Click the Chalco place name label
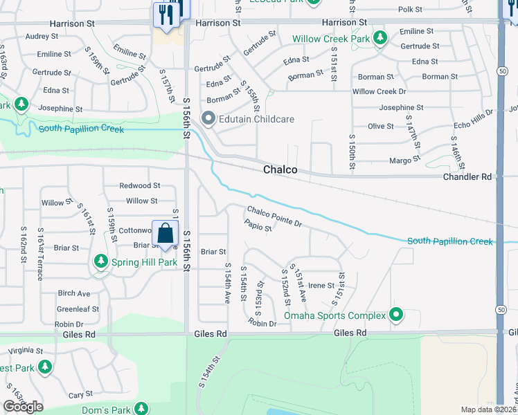[x=280, y=169]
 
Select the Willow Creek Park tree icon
[x=379, y=39]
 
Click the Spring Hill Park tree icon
[x=101, y=262]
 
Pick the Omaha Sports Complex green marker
[x=396, y=315]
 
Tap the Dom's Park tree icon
[x=141, y=409]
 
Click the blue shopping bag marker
[x=166, y=233]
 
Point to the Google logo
[x=23, y=407]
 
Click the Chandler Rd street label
[x=467, y=177]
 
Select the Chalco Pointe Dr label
[x=275, y=217]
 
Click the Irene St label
[x=321, y=285]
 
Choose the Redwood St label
[x=139, y=185]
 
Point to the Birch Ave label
[x=74, y=293]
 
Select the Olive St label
[x=380, y=126]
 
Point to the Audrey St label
[x=41, y=36]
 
